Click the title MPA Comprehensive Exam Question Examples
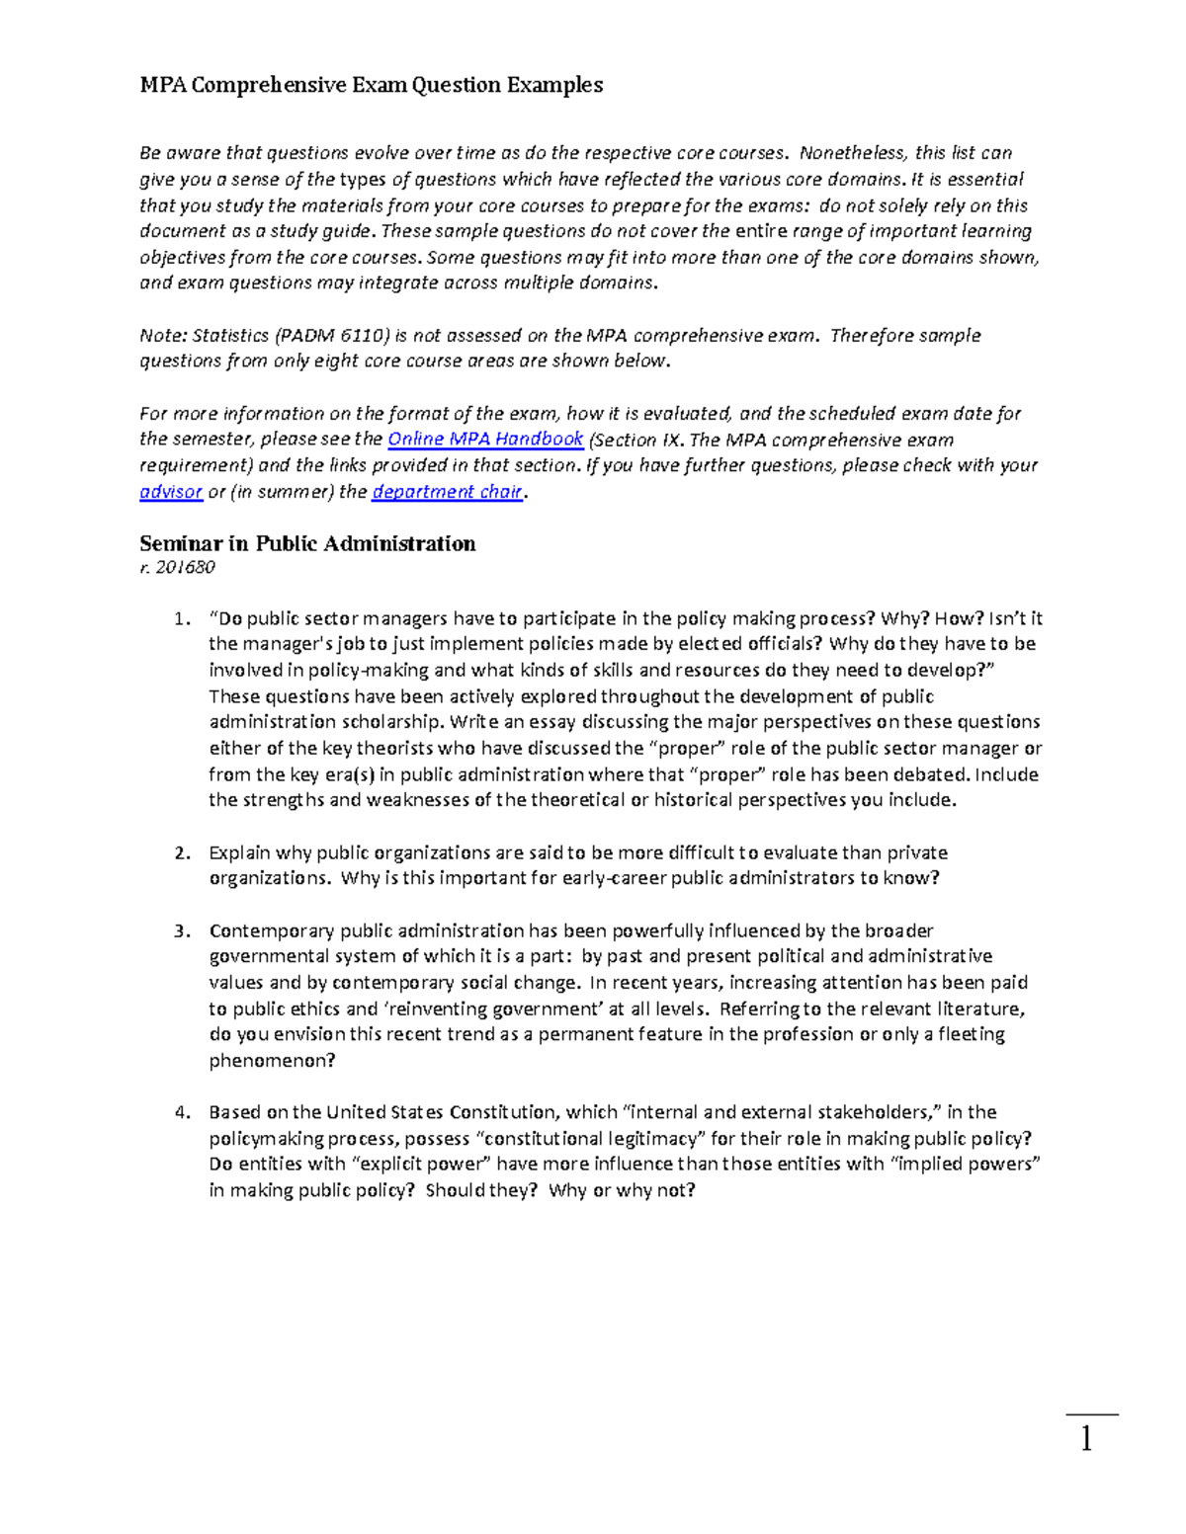pos(371,85)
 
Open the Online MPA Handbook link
pos(485,440)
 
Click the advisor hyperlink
pos(171,492)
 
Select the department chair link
pos(447,492)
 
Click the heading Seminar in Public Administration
pos(307,543)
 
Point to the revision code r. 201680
pos(177,567)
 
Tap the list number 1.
pos(180,619)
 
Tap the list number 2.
pos(180,852)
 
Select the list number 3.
pos(180,930)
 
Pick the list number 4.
pos(180,1112)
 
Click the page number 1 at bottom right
pos(1087,1440)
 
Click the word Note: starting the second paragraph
pos(163,336)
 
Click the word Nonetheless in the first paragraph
pos(852,153)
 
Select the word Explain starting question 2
pos(239,852)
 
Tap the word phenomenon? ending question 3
pos(272,1061)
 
